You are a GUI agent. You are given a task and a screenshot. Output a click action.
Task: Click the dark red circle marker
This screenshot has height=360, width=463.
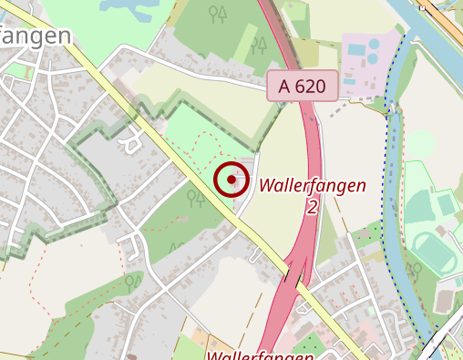[232, 180]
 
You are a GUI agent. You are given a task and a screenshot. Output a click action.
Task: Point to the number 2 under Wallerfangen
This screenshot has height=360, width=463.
[312, 208]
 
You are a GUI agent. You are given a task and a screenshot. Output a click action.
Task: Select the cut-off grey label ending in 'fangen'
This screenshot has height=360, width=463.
[36, 36]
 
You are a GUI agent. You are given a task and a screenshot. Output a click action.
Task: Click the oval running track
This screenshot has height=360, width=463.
[434, 252]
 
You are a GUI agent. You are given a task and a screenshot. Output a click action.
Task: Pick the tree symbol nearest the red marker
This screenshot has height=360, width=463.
[196, 197]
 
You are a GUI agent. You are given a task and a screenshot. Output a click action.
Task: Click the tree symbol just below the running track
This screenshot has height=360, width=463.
[416, 271]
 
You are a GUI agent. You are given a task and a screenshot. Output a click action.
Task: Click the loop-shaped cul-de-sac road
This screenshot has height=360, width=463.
[129, 141]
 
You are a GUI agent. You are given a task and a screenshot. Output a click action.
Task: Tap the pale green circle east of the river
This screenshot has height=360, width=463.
[420, 143]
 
